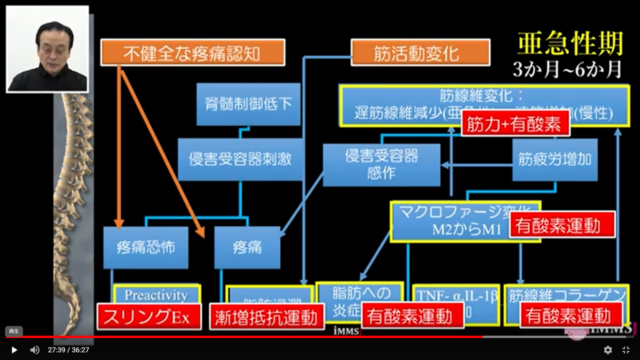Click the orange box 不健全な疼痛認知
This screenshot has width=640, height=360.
[192, 52]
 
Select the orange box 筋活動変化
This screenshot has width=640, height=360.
[420, 52]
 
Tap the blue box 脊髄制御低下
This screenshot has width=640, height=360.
[248, 104]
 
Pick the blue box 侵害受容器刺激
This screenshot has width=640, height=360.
[240, 159]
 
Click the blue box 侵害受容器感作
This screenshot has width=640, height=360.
[382, 165]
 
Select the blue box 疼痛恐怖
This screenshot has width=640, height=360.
[145, 248]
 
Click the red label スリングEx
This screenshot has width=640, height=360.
[149, 317]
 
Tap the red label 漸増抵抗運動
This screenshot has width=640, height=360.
[267, 317]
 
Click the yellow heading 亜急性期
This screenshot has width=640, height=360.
[570, 44]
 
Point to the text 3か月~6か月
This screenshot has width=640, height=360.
[567, 69]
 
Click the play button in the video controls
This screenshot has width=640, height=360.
[14, 350]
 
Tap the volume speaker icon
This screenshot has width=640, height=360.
[35, 350]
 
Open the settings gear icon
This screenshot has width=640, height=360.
[608, 350]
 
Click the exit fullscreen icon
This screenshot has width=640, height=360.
[626, 350]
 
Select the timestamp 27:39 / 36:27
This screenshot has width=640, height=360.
[68, 350]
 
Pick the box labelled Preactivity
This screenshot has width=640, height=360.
[157, 294]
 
